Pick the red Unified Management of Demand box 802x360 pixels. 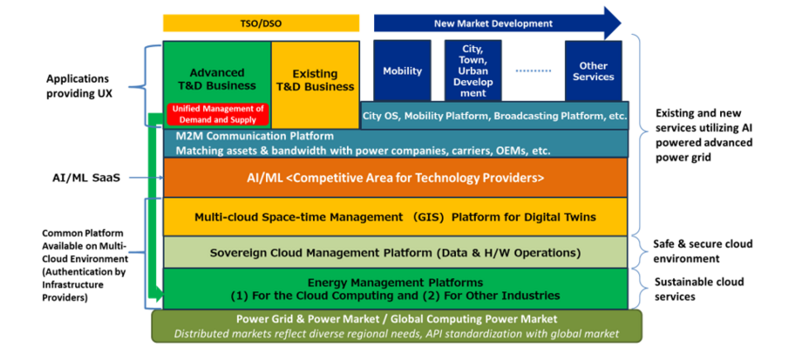tap(216, 113)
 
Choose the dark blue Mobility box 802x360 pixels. tap(402, 71)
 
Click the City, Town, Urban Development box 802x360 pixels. tap(473, 70)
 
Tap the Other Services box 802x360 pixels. tap(593, 71)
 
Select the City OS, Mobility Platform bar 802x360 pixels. tap(494, 115)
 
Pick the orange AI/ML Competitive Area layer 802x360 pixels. tap(396, 178)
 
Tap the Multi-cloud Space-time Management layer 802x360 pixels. tap(396, 216)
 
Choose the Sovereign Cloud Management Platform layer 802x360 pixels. tap(396, 253)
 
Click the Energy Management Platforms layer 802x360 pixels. tap(396, 289)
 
